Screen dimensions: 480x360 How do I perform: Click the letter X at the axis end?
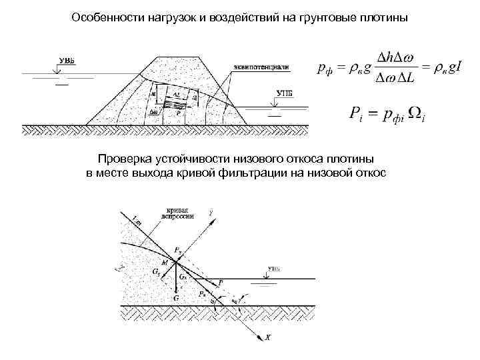pos(268,338)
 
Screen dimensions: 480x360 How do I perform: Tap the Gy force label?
pos(155,273)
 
